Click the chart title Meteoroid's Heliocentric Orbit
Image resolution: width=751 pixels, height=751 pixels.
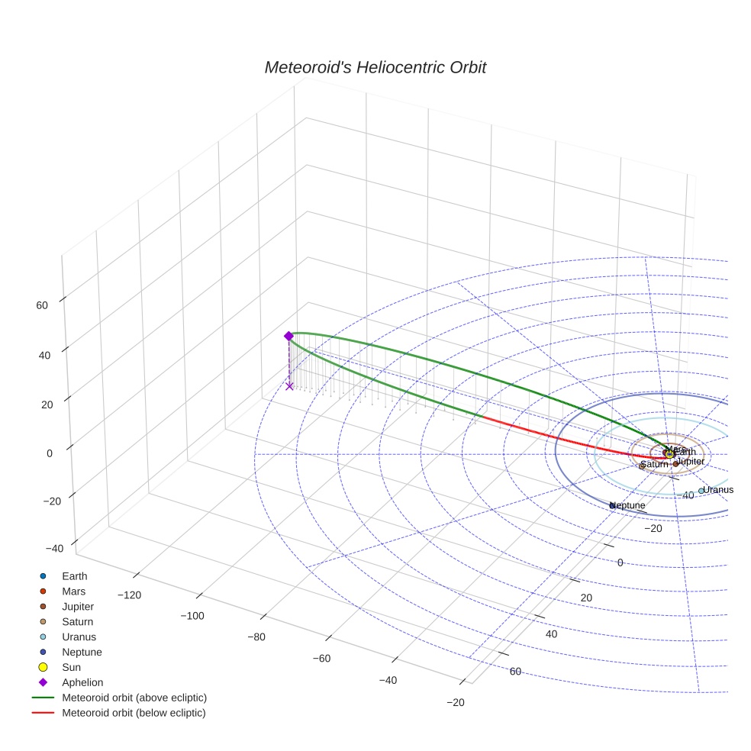375,67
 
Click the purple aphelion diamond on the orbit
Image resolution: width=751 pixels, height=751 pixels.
288,336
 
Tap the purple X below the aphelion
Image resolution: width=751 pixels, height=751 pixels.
289,386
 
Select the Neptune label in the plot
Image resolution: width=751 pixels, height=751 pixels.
628,505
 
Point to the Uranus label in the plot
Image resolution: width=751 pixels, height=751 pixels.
717,490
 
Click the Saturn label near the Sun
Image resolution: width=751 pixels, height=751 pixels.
654,464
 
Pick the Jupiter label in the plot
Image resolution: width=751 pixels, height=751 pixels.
690,462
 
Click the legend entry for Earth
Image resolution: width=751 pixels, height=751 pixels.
74,576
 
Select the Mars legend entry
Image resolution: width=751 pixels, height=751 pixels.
73,591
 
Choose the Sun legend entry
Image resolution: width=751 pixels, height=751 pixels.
72,667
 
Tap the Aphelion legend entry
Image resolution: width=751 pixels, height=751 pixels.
82,682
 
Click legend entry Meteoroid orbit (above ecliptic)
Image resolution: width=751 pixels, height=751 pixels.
134,698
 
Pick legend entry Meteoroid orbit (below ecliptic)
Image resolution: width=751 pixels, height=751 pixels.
134,713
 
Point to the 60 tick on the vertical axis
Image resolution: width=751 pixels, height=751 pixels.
42,305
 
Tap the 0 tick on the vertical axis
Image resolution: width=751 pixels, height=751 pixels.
49,453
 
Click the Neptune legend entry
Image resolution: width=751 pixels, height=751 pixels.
82,652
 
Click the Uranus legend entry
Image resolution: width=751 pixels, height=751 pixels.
79,637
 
